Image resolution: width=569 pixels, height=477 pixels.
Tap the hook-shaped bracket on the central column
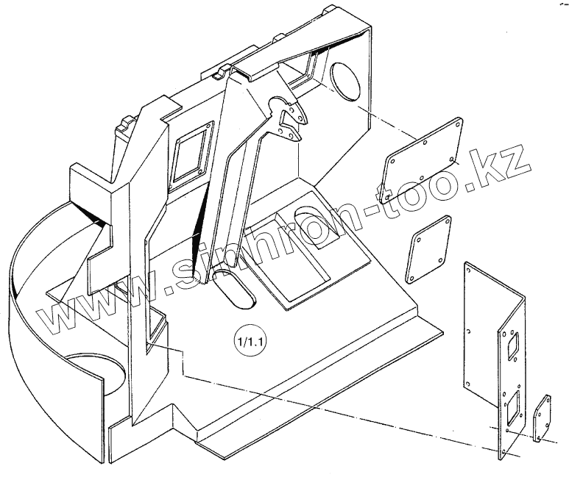point(291,119)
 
